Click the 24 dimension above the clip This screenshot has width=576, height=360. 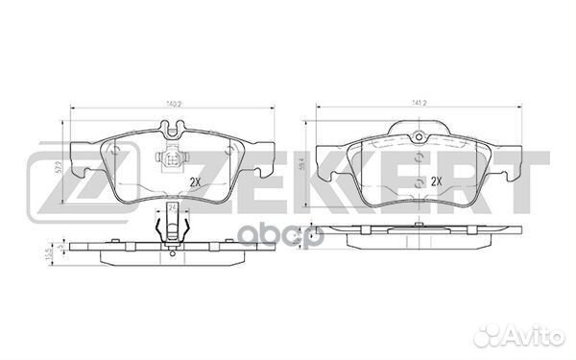(x=172, y=207)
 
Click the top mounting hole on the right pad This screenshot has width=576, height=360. (x=420, y=136)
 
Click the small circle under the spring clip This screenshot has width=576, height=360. (x=172, y=252)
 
